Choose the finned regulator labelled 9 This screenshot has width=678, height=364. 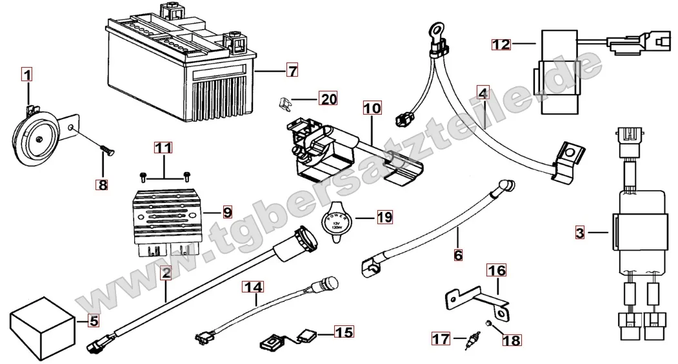coord(168,215)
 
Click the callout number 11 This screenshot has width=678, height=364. coord(163,148)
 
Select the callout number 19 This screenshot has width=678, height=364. coord(384,216)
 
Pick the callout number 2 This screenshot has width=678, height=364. coord(166,274)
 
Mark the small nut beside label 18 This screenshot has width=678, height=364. coord(490,321)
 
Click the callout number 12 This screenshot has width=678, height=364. coord(501,44)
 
